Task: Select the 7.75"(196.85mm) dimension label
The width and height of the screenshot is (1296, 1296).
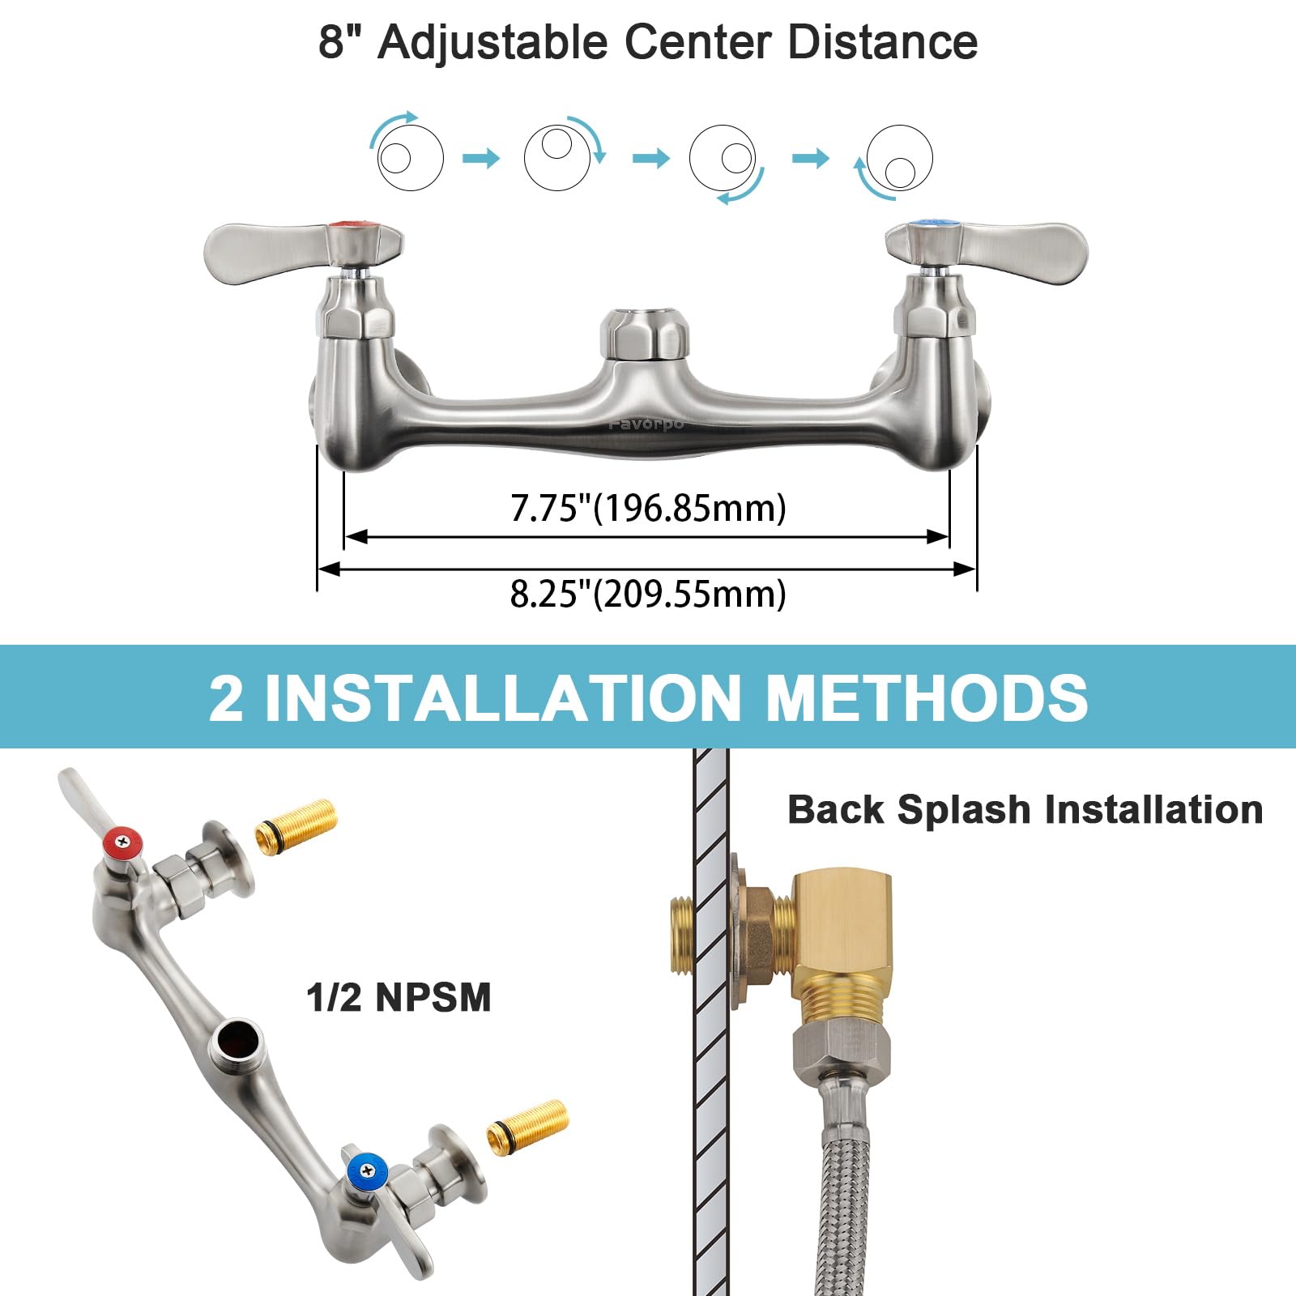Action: pos(648,509)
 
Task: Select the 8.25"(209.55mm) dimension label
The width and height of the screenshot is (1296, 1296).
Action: pos(648,594)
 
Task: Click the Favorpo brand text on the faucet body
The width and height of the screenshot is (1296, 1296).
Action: pos(646,424)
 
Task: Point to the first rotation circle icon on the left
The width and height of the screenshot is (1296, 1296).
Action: pos(410,157)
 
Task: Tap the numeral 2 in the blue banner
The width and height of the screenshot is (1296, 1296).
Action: pos(226,698)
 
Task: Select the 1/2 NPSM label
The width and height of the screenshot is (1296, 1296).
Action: pos(399,997)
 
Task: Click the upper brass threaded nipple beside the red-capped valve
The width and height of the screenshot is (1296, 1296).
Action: pos(296,825)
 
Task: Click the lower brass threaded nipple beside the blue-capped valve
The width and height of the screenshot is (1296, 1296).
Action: pos(528,1126)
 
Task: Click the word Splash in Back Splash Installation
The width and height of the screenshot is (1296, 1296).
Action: pos(964,810)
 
